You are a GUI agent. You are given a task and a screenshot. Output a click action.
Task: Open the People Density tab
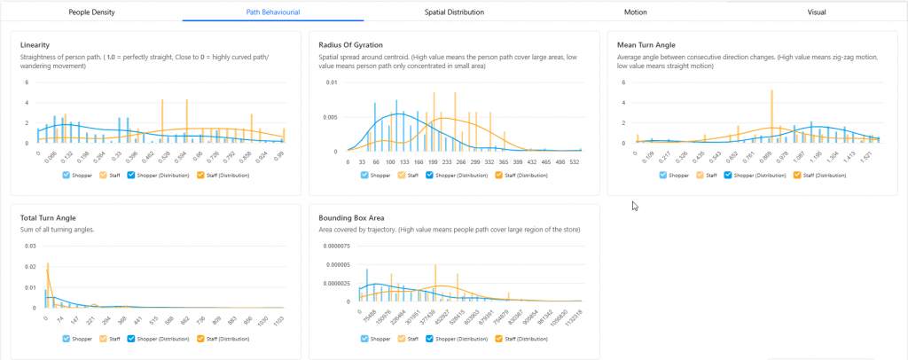coord(91,12)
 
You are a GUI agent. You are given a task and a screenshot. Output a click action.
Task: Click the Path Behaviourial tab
coord(272,12)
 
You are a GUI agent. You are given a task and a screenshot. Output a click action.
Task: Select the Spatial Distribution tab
coord(454,12)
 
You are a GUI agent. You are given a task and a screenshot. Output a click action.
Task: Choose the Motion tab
coord(635,12)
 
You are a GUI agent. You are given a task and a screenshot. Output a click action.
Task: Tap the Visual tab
coord(817,12)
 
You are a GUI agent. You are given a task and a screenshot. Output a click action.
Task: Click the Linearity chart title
coord(35,44)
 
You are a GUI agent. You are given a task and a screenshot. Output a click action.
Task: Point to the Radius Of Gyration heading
coord(354,44)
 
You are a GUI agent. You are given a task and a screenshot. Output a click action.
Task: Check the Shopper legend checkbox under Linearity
coord(67,176)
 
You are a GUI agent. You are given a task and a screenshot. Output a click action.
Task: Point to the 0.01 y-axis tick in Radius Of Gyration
coord(330,82)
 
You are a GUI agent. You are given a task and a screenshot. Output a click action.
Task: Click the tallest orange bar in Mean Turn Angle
coord(772,115)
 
